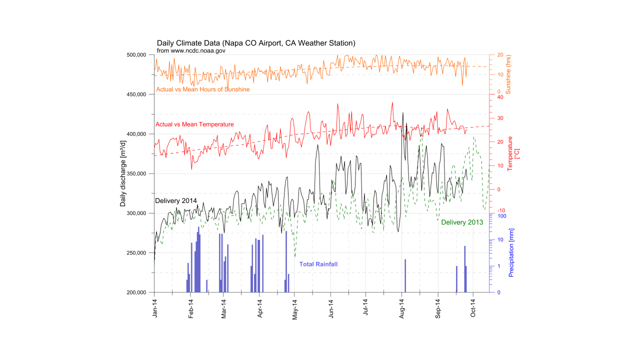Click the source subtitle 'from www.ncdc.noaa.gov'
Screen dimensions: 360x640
pos(191,50)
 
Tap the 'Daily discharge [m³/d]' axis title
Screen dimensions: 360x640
pos(123,173)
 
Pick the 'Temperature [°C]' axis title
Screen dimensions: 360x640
pos(513,153)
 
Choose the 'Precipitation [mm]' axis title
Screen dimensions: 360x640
pos(511,252)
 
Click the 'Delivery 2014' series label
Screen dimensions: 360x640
pos(176,200)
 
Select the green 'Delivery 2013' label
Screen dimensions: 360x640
pos(462,222)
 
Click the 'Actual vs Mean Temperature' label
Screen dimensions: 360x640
pos(195,124)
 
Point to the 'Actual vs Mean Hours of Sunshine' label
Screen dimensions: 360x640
pos(203,89)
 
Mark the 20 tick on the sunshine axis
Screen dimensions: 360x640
pos(498,55)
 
